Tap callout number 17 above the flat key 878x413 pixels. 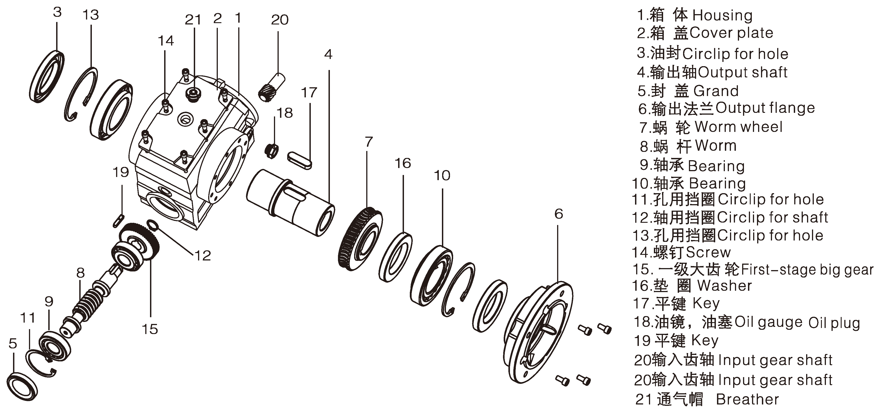coord(309,93)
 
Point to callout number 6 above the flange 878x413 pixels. coord(559,214)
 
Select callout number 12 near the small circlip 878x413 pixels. coord(203,256)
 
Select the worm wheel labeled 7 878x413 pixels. coord(361,239)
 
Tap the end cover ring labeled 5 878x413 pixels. coord(22,387)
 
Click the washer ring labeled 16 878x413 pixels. coord(395,257)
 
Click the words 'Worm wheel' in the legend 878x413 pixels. coord(739,127)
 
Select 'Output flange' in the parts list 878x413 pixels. coord(765,108)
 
